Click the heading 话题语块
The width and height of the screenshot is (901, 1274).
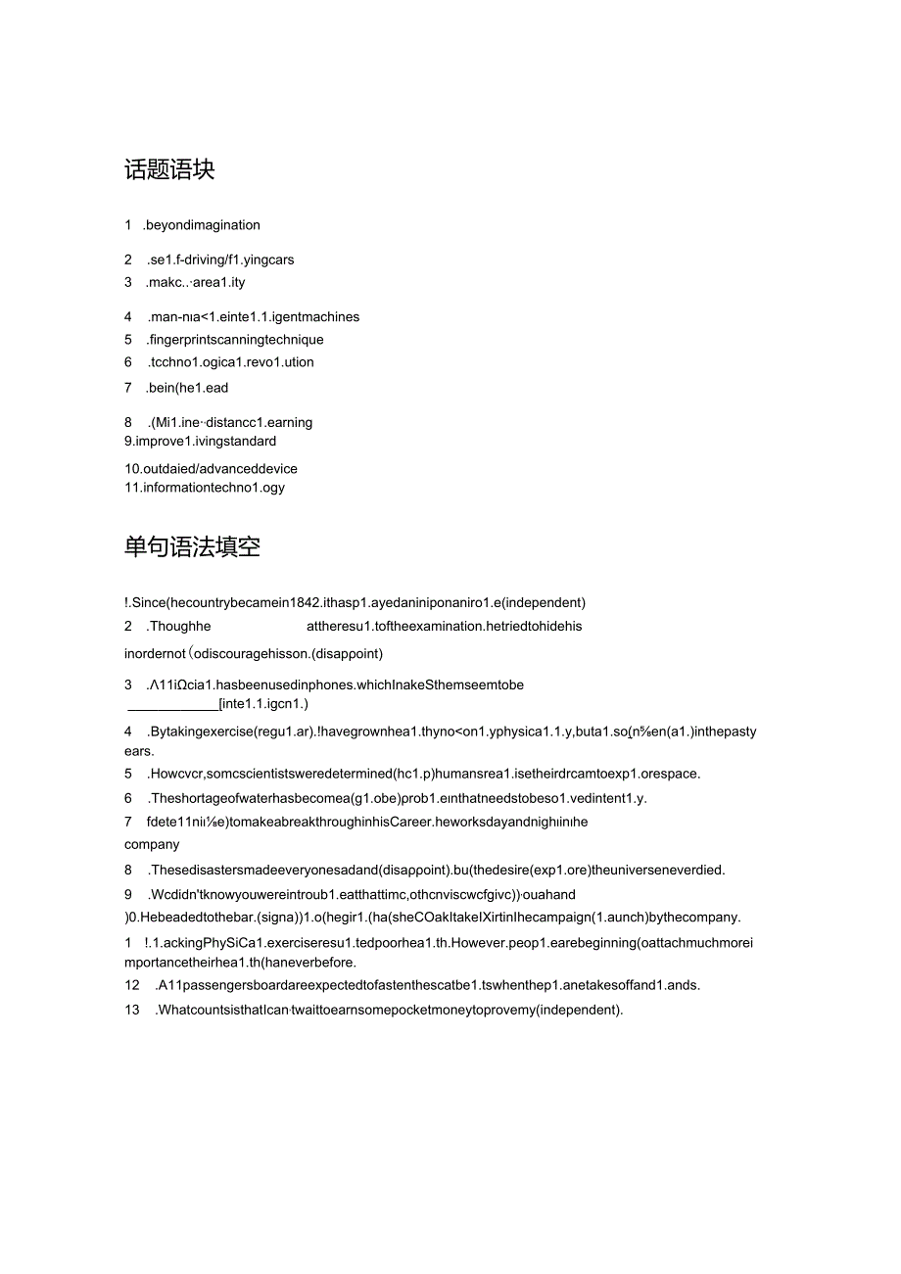tap(169, 169)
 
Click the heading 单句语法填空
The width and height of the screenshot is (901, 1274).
tap(192, 546)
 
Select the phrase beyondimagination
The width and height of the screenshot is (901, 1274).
tap(202, 225)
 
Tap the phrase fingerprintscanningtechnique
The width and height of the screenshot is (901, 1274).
tap(236, 340)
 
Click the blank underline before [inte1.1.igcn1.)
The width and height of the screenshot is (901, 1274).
tap(172, 704)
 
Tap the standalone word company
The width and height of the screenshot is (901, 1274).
tap(152, 844)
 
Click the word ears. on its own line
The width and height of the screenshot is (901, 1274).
tap(139, 751)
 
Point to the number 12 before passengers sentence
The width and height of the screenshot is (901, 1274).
tap(132, 985)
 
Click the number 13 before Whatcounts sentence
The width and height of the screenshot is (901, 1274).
tap(132, 1010)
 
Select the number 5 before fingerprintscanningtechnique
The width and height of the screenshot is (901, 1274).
tap(128, 340)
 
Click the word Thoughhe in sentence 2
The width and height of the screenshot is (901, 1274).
tap(180, 627)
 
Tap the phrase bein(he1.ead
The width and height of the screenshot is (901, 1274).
tap(189, 388)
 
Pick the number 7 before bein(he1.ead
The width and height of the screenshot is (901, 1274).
tap(128, 388)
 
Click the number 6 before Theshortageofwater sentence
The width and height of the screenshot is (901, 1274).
tap(128, 798)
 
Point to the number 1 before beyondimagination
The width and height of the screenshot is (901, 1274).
tap(128, 225)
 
